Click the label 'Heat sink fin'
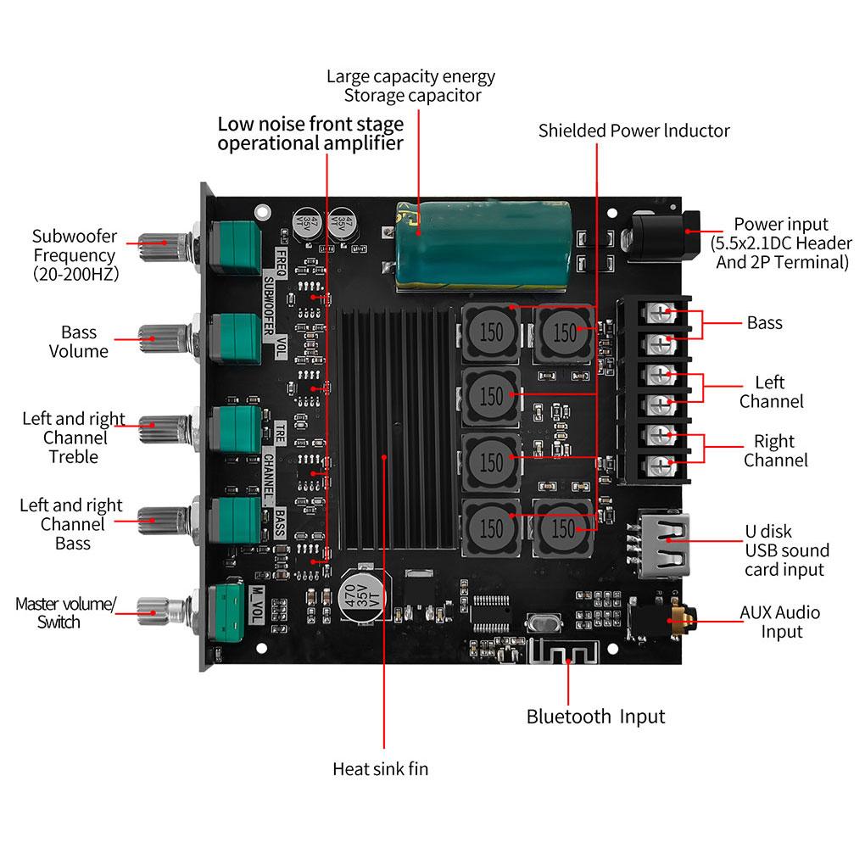pyautogui.click(x=380, y=769)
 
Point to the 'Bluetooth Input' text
pyautogui.click(x=595, y=717)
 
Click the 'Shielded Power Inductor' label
pyautogui.click(x=633, y=131)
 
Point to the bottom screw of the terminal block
pyautogui.click(x=661, y=465)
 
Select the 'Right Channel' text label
pyautogui.click(x=775, y=450)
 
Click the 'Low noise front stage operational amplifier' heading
pyautogui.click(x=310, y=133)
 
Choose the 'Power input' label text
pyautogui.click(x=780, y=224)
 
